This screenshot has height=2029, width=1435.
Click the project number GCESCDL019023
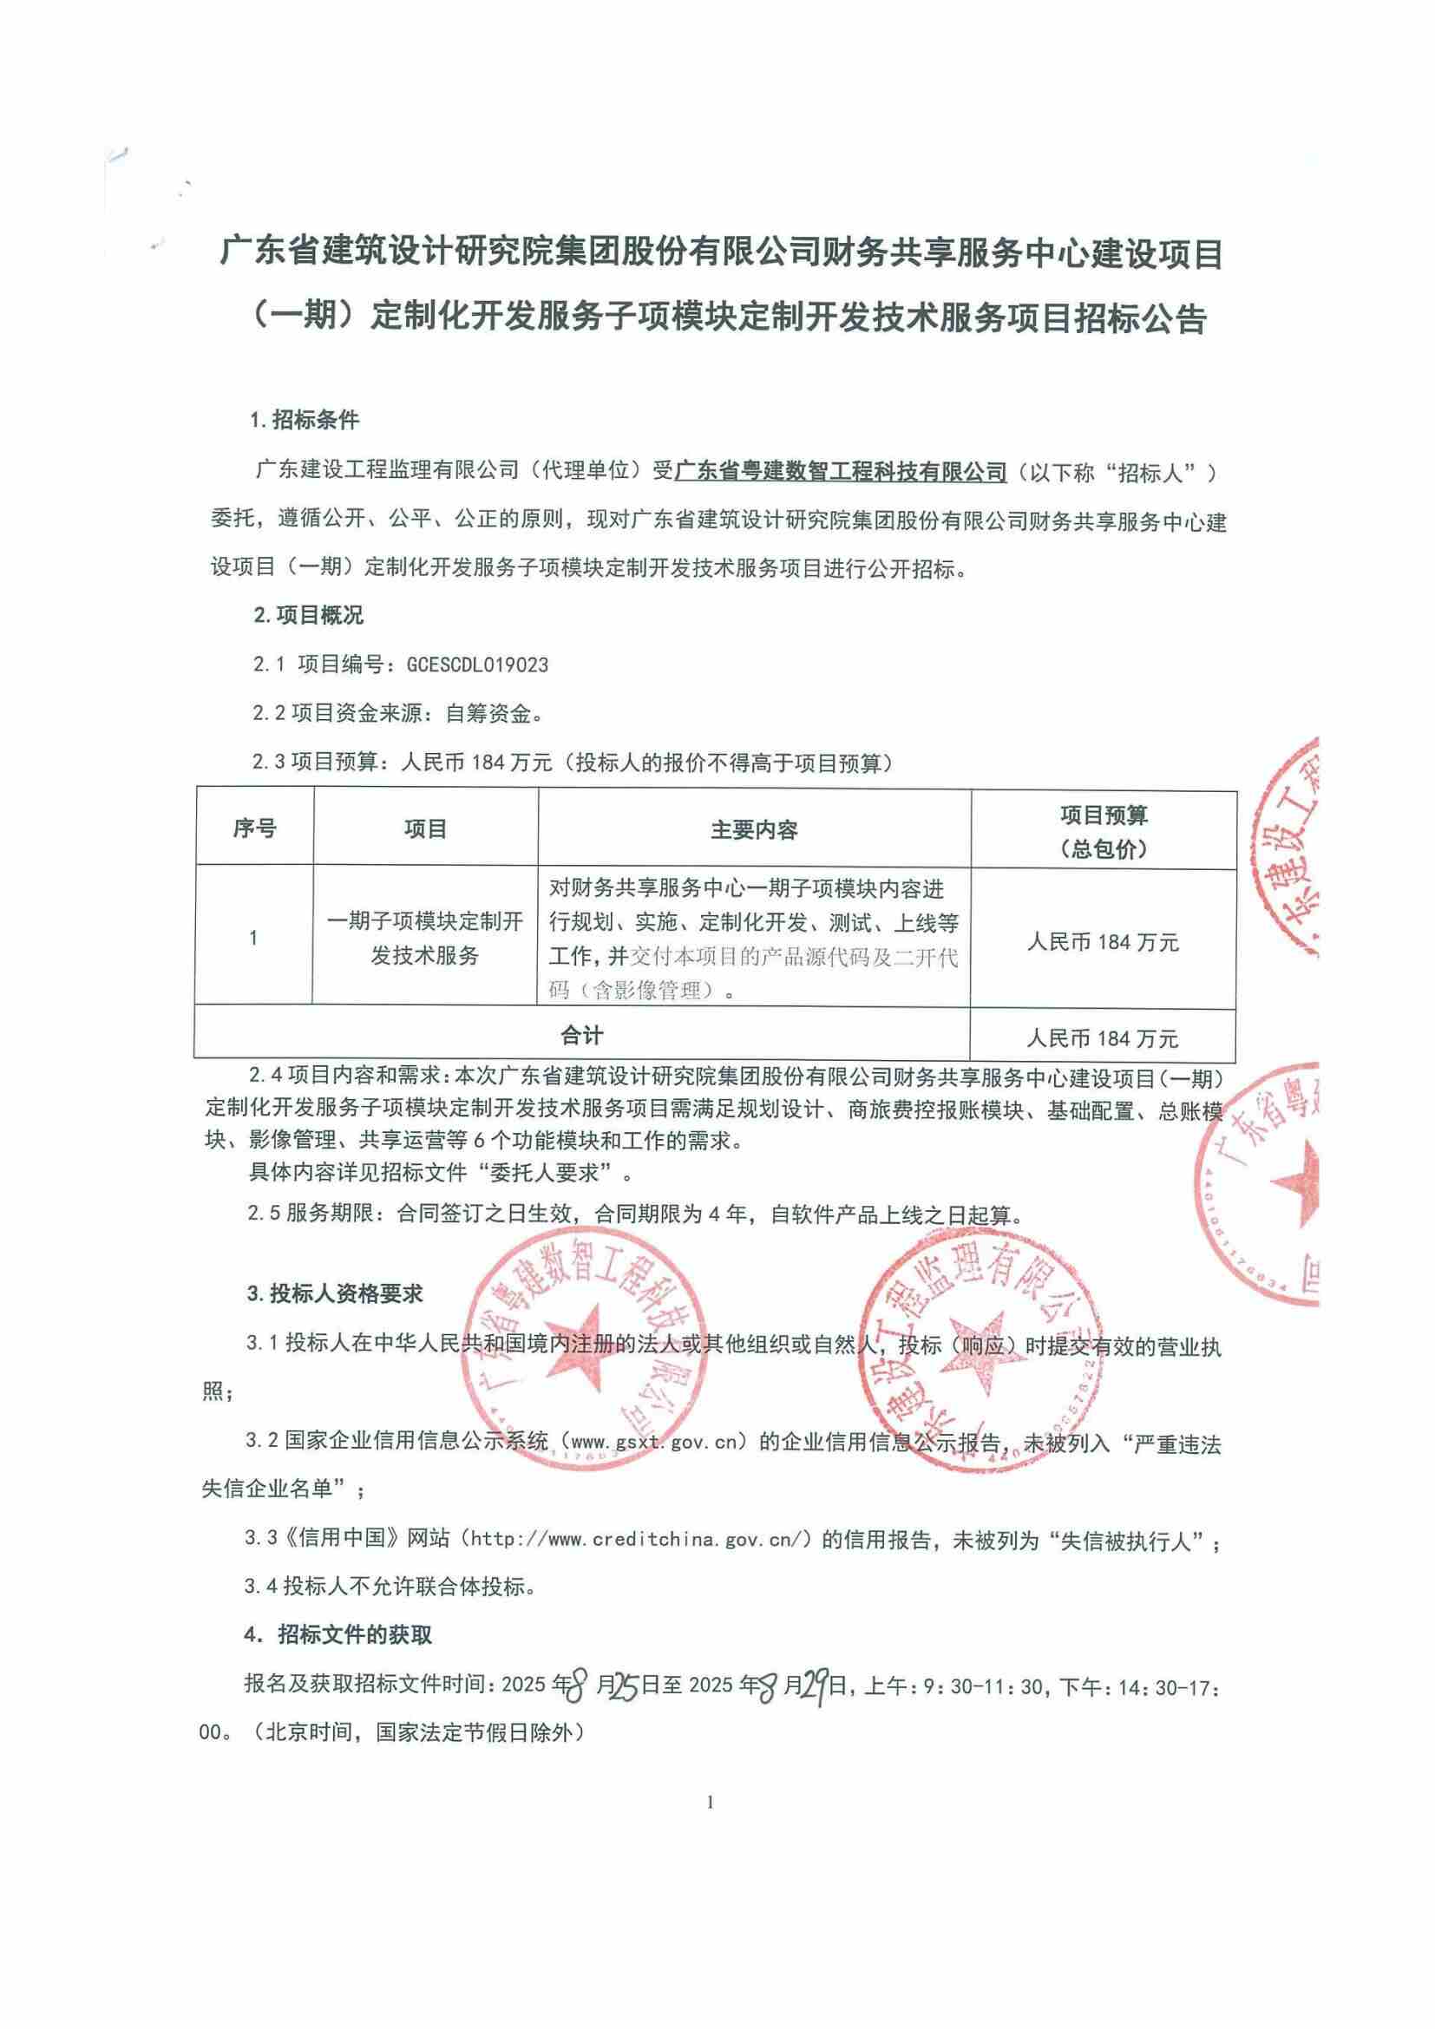pyautogui.click(x=477, y=664)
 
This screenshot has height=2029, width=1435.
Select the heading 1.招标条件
pyautogui.click(x=305, y=420)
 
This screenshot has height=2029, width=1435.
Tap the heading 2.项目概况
pyautogui.click(x=308, y=616)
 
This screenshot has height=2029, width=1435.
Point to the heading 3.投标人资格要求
pyautogui.click(x=335, y=1294)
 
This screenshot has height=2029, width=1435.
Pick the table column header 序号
pyautogui.click(x=254, y=829)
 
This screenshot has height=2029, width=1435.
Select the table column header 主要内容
pyautogui.click(x=754, y=830)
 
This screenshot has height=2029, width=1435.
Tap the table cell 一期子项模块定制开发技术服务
pyautogui.click(x=425, y=939)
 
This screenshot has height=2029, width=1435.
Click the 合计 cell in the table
pyautogui.click(x=582, y=1035)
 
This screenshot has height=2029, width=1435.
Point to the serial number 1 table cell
pyautogui.click(x=253, y=939)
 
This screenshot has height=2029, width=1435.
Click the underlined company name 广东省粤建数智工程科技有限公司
pyautogui.click(x=842, y=472)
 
